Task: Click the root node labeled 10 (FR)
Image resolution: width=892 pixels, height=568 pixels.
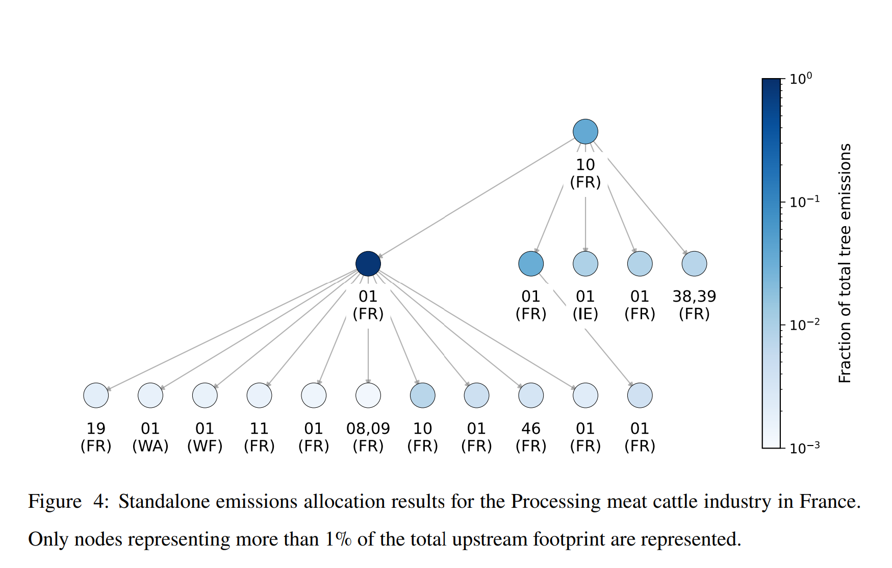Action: [x=585, y=132]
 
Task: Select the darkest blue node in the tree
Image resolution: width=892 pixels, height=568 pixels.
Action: [x=368, y=264]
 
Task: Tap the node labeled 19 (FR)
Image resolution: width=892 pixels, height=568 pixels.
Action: [x=96, y=396]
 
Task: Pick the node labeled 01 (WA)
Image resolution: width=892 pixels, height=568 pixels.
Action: [x=150, y=396]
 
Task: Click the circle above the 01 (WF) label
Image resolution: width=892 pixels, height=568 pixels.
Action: [x=205, y=396]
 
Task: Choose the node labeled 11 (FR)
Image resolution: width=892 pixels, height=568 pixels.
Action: [x=259, y=396]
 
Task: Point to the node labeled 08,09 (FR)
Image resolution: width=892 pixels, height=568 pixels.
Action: [x=368, y=396]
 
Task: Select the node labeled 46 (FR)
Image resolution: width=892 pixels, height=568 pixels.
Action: [x=531, y=396]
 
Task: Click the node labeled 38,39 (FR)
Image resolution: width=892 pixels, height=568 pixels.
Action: [x=694, y=264]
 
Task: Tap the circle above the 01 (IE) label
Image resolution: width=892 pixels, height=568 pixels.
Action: [x=585, y=264]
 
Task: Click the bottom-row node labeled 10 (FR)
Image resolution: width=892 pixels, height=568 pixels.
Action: [x=423, y=396]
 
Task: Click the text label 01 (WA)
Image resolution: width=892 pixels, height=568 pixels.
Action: [x=150, y=437]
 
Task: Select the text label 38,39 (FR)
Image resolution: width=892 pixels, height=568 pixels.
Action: [x=694, y=305]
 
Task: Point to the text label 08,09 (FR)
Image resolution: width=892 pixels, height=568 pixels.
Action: [x=368, y=437]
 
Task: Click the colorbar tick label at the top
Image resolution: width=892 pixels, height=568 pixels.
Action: [x=801, y=79]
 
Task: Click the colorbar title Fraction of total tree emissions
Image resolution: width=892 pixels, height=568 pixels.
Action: [x=845, y=263]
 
